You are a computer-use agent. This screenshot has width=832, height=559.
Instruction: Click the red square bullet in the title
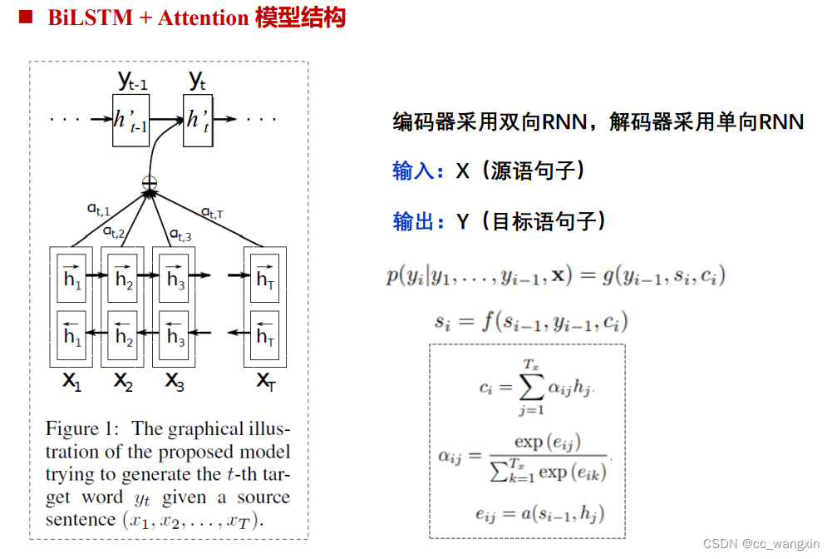coord(26,17)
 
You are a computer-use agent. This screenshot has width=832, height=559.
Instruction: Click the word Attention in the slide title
coord(202,17)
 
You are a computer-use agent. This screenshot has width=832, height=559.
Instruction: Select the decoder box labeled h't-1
coord(130,121)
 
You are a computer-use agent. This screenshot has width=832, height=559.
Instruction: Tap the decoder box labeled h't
coord(197,121)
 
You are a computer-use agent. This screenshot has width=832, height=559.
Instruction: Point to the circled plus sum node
coord(150,181)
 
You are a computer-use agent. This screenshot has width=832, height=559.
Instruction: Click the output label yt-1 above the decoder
coord(132,81)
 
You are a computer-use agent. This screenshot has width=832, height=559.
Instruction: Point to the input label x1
coord(73,381)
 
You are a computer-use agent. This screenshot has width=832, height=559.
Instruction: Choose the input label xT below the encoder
coord(265,381)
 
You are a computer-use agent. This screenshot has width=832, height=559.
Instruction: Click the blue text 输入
coord(413,171)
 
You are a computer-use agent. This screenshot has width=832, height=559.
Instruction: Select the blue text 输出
coord(413,221)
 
